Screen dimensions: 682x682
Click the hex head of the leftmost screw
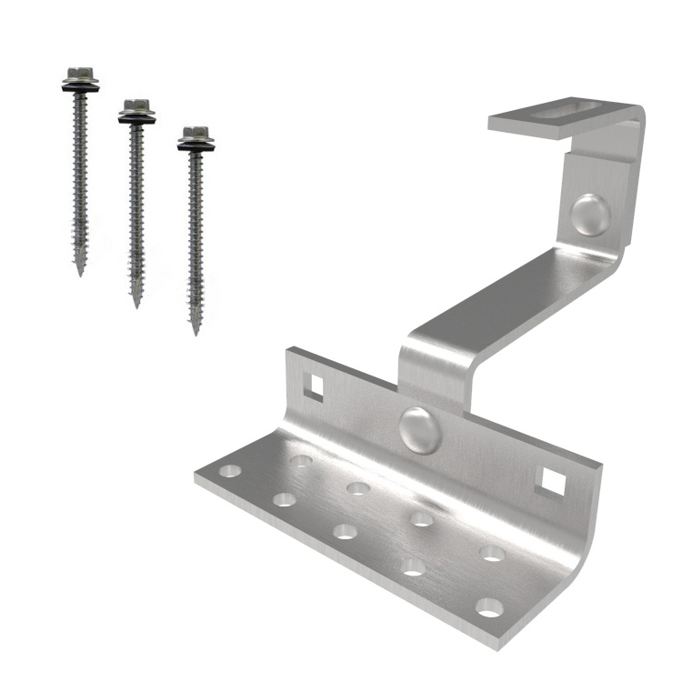pyautogui.click(x=80, y=72)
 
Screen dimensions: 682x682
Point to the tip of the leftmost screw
pyautogui.click(x=81, y=272)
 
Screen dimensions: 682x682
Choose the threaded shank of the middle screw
pyautogui.click(x=137, y=209)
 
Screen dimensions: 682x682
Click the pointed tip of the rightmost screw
pyautogui.click(x=196, y=332)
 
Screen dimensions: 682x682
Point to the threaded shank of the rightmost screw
pyautogui.click(x=195, y=236)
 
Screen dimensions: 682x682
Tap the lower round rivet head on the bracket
pyautogui.click(x=419, y=429)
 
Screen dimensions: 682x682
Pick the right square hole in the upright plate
pyautogui.click(x=551, y=481)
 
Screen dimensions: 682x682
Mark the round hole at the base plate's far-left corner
pyautogui.click(x=230, y=472)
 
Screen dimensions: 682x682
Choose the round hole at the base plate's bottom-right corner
pyautogui.click(x=490, y=607)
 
